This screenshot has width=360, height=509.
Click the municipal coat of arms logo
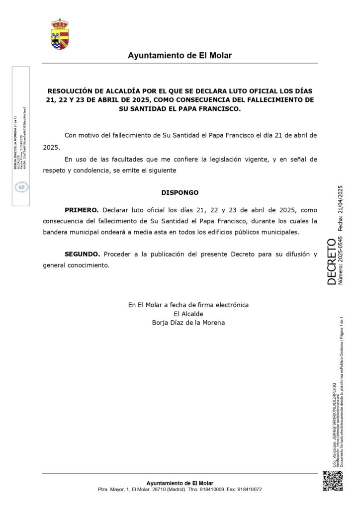click(60, 34)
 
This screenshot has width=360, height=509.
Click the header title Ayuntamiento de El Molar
click(180, 56)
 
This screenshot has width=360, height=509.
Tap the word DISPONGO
click(180, 192)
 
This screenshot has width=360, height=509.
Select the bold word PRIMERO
click(82, 210)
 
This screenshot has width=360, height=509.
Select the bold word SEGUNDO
click(82, 254)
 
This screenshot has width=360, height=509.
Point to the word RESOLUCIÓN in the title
click(70, 91)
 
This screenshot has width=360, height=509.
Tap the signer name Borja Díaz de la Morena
click(188, 323)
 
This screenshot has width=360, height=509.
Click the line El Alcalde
click(188, 314)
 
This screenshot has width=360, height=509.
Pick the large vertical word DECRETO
click(332, 261)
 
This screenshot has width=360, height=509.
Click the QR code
click(333, 481)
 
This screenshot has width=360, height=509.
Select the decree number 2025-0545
click(341, 245)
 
